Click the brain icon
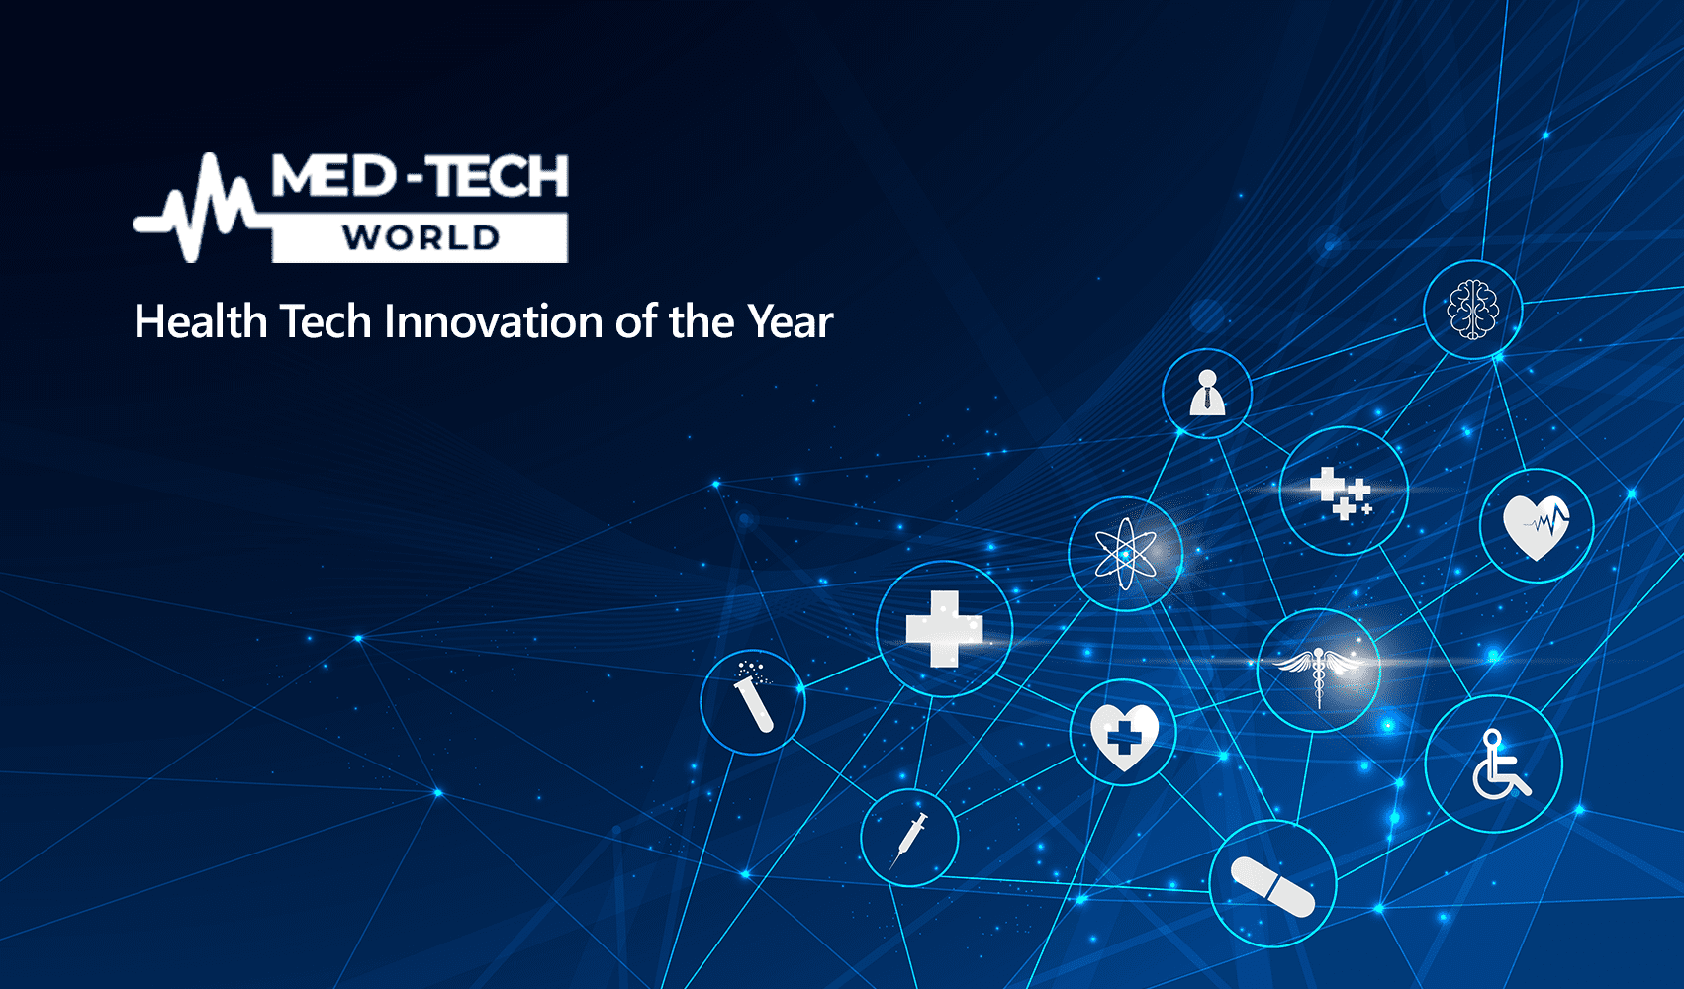point(1472,309)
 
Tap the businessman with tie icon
point(1207,393)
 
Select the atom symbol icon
point(1125,554)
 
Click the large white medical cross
point(944,629)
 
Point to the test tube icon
point(754,697)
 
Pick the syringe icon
point(909,841)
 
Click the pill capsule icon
point(1272,887)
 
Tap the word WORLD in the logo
point(421,238)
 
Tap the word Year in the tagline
point(790,321)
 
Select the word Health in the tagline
point(201,321)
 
